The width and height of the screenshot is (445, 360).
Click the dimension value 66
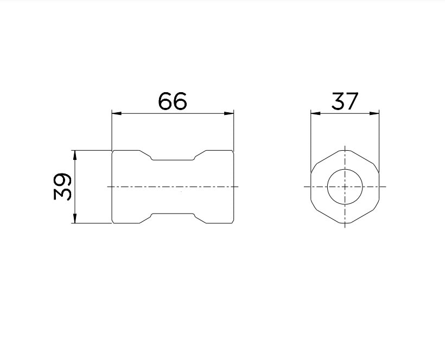172,101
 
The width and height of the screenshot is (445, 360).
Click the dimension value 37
345,101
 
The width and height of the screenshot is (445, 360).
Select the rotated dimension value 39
62,187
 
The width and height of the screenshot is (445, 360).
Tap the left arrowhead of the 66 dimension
117,113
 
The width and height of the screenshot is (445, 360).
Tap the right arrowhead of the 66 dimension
229,113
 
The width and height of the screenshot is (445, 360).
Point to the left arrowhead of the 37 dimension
316,113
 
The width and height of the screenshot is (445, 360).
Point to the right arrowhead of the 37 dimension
374,113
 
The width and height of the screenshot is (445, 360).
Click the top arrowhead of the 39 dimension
75,155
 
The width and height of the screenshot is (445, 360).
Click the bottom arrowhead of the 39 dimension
75,218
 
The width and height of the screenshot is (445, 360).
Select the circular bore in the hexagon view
345,169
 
